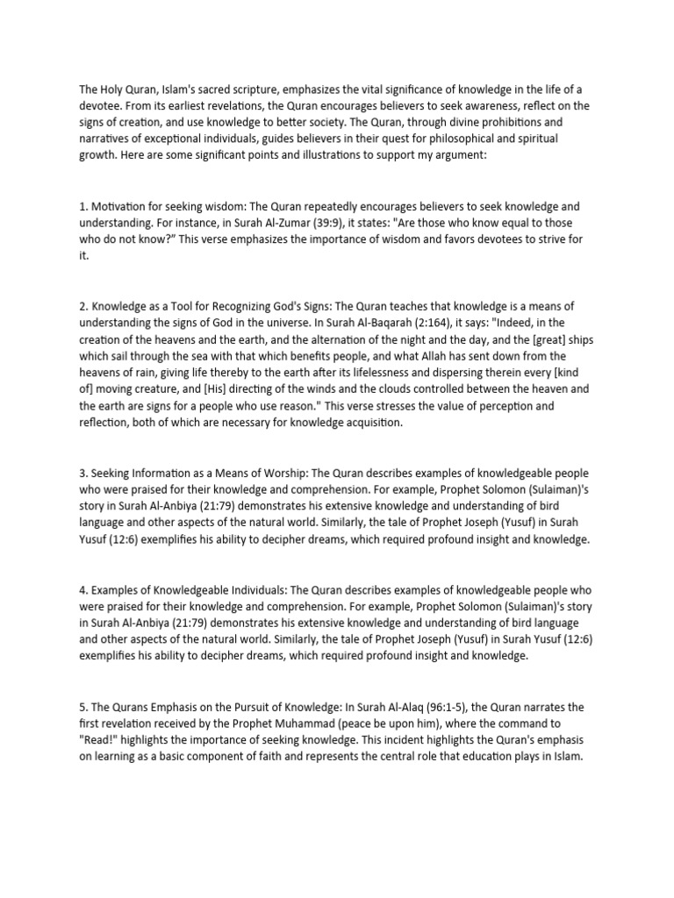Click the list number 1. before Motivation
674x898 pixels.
tap(84, 207)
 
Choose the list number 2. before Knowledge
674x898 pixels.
tap(84, 306)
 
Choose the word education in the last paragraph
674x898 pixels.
tap(496, 756)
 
